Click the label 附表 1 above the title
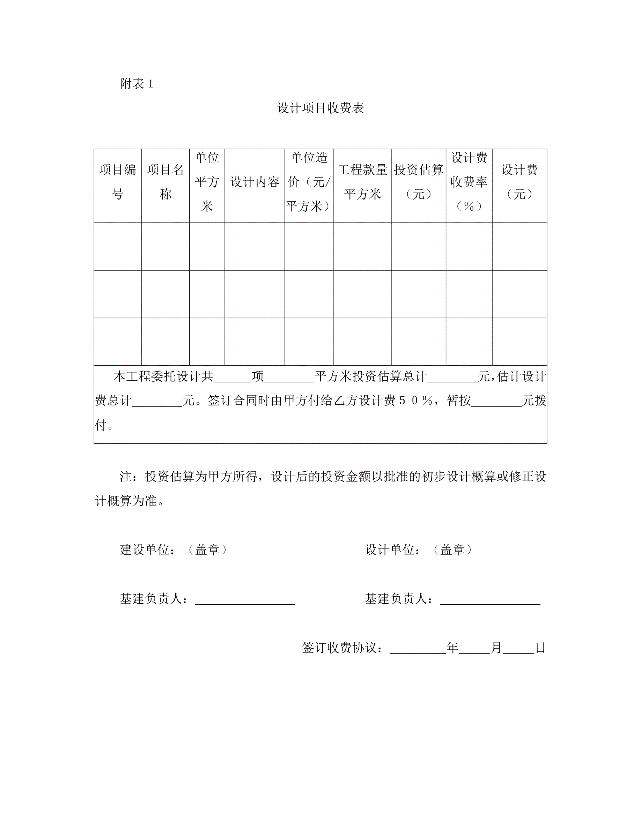136,84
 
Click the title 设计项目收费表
320,108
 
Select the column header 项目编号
118,182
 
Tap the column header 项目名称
165,182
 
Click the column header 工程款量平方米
362,182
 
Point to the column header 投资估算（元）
419,182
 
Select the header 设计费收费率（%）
469,182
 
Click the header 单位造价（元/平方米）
309,182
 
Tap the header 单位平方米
207,182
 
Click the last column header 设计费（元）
520,182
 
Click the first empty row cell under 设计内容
255,246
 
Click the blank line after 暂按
496,403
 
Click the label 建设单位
144,550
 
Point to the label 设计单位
390,550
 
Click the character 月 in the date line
496,648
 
